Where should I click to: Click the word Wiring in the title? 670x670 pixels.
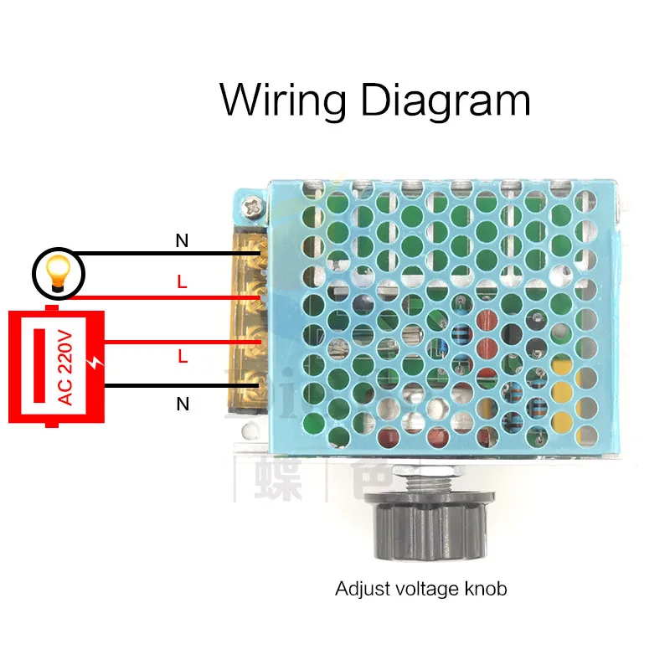(282, 100)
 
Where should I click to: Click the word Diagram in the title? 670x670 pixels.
(443, 100)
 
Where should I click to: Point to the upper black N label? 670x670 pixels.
(182, 242)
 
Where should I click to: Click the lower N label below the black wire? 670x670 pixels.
(183, 405)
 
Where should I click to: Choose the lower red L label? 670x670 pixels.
(183, 356)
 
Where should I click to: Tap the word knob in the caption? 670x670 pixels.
(484, 589)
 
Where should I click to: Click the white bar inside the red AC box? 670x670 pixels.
(38, 367)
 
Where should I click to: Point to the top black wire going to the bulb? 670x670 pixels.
(167, 254)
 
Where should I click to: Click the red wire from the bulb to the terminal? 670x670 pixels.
(167, 297)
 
